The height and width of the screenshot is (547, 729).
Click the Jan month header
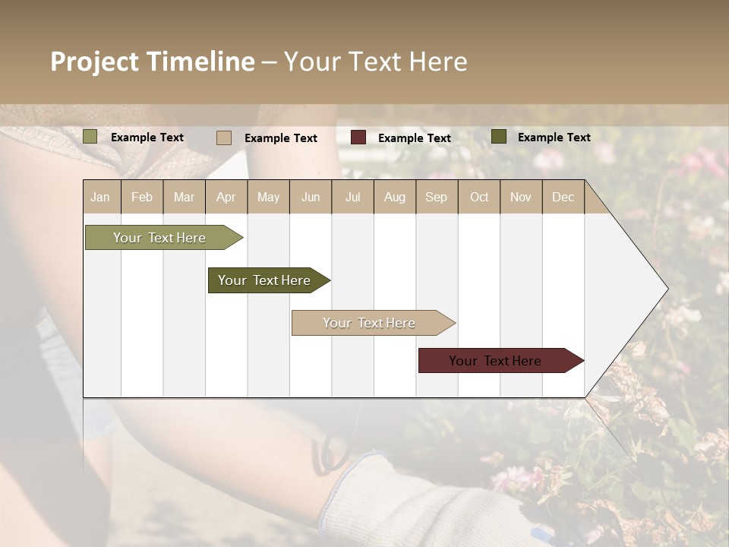[x=101, y=198]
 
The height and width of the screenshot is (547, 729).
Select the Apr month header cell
[x=226, y=198]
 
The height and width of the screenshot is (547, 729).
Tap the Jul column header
[x=352, y=198]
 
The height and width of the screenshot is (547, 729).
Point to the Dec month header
[x=563, y=198]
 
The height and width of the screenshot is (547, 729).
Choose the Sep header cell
[x=436, y=198]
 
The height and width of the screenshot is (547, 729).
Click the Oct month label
[x=479, y=198]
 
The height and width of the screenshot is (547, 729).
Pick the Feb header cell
[x=142, y=198]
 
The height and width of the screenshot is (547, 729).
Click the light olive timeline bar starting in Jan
[x=159, y=238]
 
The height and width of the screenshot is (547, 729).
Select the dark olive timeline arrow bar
[x=264, y=280]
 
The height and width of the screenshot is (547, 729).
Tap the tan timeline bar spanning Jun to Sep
[x=369, y=323]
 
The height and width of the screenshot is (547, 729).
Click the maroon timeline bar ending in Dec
[x=495, y=361]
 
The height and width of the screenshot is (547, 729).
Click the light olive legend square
[x=90, y=137]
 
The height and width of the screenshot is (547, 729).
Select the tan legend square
[x=224, y=138]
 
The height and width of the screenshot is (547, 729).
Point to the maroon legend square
[x=358, y=138]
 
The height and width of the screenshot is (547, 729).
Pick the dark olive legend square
[x=499, y=137]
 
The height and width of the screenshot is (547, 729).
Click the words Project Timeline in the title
[x=152, y=62]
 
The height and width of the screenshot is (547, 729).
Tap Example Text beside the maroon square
[x=415, y=138]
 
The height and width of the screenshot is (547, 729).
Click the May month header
[x=268, y=198]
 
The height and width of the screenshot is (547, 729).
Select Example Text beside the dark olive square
[x=554, y=138]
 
